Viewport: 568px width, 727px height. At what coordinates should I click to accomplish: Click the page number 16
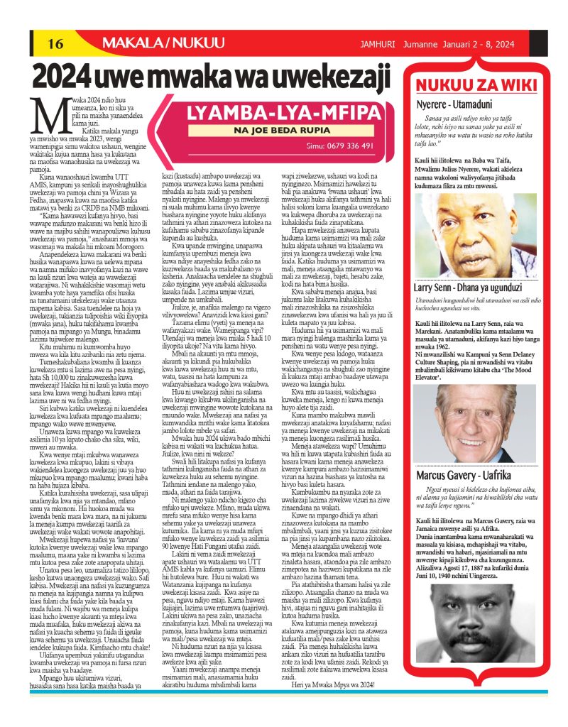point(55,44)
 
